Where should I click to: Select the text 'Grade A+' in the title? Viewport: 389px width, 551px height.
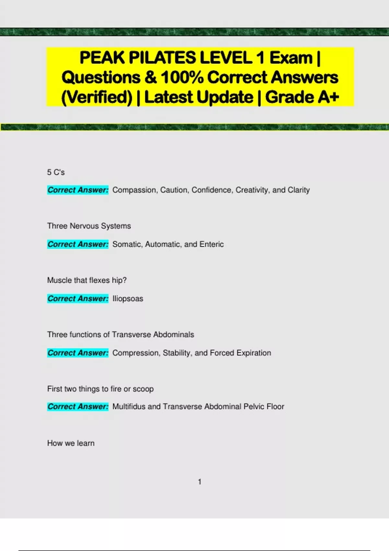tap(302, 97)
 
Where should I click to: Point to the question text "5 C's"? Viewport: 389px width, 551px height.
tap(56, 172)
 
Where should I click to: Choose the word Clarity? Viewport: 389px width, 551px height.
tap(299, 190)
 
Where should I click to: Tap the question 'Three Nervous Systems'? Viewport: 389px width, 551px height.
tap(89, 226)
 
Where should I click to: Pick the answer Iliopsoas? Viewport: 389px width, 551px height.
tap(128, 299)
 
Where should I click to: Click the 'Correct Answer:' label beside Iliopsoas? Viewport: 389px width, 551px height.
tap(78, 299)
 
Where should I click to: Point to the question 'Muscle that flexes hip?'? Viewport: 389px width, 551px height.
tap(87, 280)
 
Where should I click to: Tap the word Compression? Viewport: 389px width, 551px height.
tap(136, 353)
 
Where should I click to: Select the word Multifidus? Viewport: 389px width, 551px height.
tap(129, 406)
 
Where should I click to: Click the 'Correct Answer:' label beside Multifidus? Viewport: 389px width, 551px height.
tap(78, 406)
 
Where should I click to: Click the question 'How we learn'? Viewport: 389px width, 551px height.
tap(71, 443)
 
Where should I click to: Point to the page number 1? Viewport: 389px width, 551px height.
tap(200, 482)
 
